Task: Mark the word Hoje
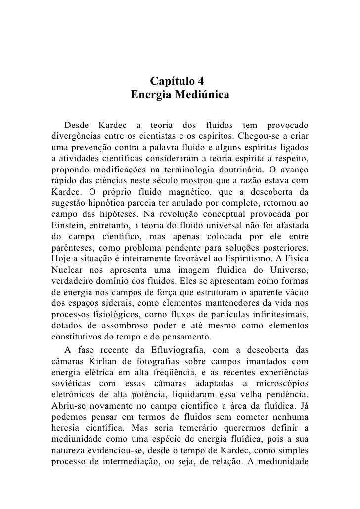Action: pyautogui.click(x=60, y=259)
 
